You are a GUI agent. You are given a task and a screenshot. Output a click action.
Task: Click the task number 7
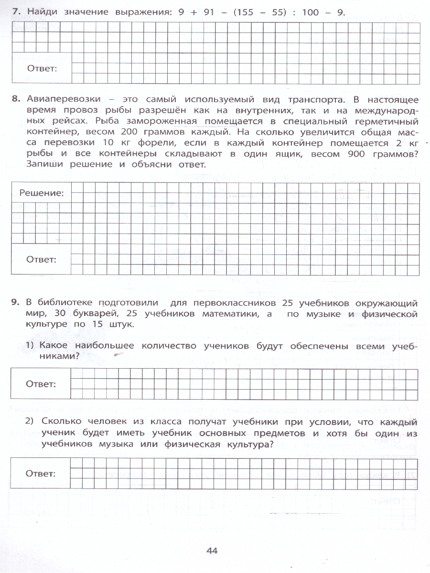(15, 13)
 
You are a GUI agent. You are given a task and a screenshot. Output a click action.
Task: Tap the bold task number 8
(15, 99)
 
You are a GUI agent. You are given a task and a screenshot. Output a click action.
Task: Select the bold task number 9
(15, 303)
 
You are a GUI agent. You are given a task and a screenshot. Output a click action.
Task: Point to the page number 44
(212, 551)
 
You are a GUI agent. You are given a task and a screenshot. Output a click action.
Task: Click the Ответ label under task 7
(42, 68)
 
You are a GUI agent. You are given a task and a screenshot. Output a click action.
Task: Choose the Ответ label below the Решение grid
(42, 260)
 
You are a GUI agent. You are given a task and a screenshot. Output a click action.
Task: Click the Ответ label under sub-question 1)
(41, 383)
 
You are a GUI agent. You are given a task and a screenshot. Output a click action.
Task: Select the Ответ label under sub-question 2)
(41, 474)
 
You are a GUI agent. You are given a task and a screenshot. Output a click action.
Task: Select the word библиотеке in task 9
(64, 303)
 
